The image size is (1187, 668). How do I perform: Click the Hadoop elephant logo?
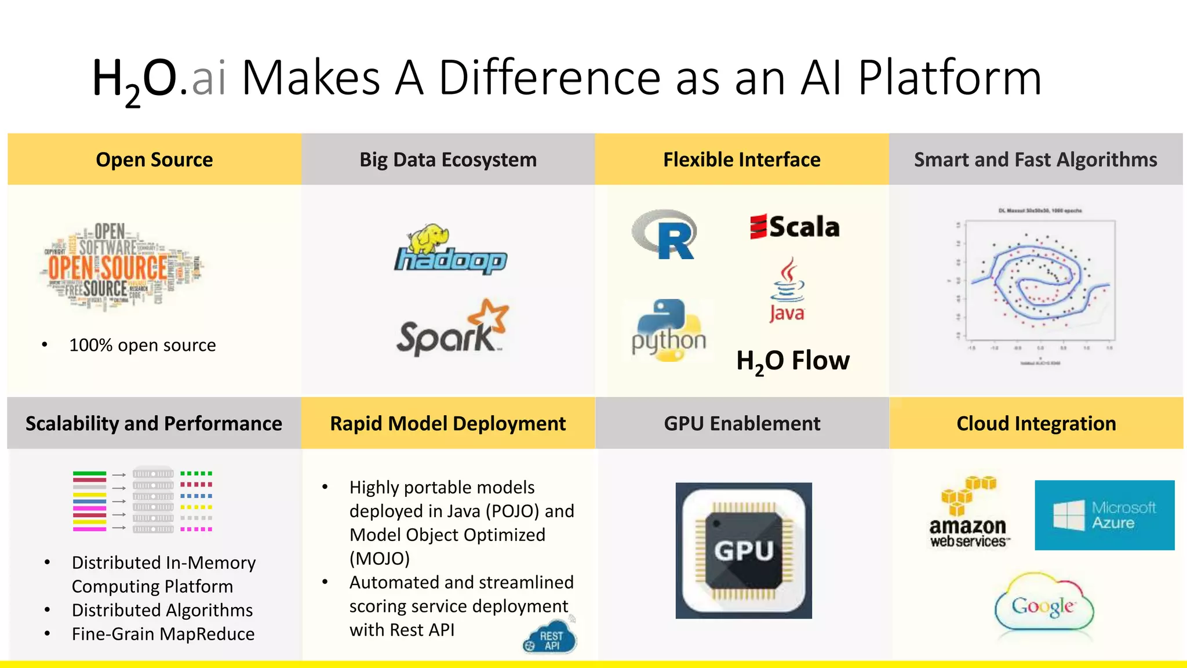pyautogui.click(x=450, y=250)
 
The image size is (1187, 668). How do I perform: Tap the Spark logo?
pyautogui.click(x=453, y=328)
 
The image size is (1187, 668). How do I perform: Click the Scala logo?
pyautogui.click(x=795, y=227)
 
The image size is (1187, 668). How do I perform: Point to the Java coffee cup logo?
pyautogui.click(x=787, y=290)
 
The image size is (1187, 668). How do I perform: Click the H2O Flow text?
pyautogui.click(x=792, y=361)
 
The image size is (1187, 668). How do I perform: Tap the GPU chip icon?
pyautogui.click(x=744, y=550)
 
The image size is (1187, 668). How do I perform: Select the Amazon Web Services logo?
pyautogui.click(x=968, y=513)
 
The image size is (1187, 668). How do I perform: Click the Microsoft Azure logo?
pyautogui.click(x=1104, y=515)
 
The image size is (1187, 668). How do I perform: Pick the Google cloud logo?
pyautogui.click(x=1043, y=606)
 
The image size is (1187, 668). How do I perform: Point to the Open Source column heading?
pyautogui.click(x=154, y=159)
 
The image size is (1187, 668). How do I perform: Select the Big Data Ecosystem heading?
pyautogui.click(x=448, y=159)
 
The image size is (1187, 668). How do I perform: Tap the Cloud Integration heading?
pyautogui.click(x=1036, y=423)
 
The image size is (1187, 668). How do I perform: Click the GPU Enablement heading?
pyautogui.click(x=742, y=423)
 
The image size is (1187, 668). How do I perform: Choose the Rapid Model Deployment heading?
pyautogui.click(x=448, y=423)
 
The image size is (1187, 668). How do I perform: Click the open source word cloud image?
pyautogui.click(x=123, y=267)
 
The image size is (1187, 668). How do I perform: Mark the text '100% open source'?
pyautogui.click(x=143, y=345)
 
